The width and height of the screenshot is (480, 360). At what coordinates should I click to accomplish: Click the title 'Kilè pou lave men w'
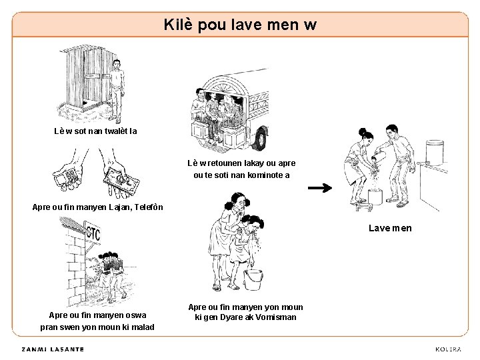(x=240, y=25)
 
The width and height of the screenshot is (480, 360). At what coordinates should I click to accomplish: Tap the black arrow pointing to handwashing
(x=320, y=187)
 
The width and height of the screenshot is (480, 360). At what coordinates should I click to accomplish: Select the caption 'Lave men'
(x=390, y=228)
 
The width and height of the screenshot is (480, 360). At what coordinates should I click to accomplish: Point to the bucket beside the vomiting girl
(x=253, y=279)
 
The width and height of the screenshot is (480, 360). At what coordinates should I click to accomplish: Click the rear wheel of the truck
(x=260, y=139)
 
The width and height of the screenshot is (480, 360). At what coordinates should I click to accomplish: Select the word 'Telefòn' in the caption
(x=149, y=207)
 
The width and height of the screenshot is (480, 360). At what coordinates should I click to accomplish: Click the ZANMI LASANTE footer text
(x=53, y=349)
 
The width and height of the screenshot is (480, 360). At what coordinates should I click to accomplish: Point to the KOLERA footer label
(x=448, y=349)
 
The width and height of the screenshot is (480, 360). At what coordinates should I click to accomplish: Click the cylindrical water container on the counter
(x=435, y=153)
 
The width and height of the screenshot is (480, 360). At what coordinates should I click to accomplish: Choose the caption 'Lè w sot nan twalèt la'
(x=95, y=131)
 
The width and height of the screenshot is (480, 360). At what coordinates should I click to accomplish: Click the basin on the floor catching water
(x=375, y=197)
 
